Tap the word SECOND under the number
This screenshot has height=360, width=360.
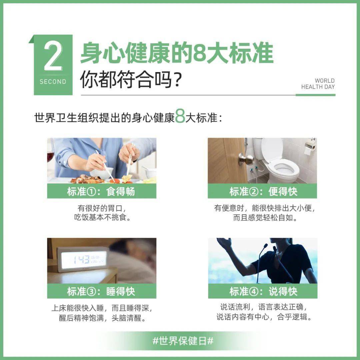[53, 82]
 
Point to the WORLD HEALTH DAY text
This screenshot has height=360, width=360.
[318, 84]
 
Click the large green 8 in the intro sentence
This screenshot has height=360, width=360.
[180, 117]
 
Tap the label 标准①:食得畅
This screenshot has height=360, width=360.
[101, 192]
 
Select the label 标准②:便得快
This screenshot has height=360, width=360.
[263, 192]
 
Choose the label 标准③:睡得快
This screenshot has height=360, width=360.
[101, 291]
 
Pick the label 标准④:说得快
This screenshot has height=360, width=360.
[263, 291]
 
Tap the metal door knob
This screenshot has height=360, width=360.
[246, 160]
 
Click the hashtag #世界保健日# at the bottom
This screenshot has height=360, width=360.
[183, 341]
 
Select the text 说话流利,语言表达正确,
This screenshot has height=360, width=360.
[263, 307]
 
